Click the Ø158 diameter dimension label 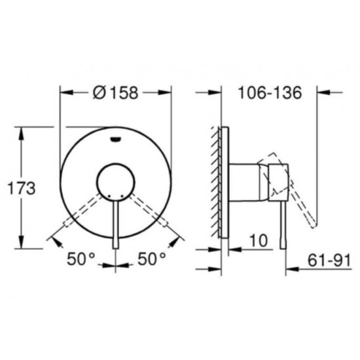click(115, 93)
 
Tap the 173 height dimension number click(22, 188)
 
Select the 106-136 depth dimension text click(270, 93)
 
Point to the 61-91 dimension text click(329, 261)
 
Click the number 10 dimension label click(259, 240)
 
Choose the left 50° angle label click(81, 259)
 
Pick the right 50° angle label click(152, 259)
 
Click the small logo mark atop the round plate click(115, 139)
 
